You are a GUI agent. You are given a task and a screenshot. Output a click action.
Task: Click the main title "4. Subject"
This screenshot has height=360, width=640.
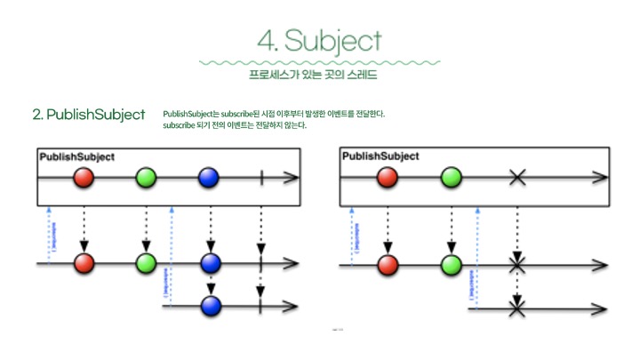319,40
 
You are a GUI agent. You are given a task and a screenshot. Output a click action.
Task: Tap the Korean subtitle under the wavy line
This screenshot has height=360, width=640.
319,75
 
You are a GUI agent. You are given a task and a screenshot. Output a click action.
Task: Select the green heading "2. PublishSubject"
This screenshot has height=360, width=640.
89,115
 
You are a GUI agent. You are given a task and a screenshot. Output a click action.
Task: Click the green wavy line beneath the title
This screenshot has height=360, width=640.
319,62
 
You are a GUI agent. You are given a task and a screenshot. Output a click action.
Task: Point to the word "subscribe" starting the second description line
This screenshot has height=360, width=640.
180,125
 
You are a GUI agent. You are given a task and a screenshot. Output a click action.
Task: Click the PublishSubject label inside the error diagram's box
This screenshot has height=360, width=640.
380,156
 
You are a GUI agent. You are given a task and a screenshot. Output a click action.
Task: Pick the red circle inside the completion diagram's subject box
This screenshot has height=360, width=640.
84,178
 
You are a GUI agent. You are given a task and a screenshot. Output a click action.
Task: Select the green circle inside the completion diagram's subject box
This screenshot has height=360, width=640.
146,178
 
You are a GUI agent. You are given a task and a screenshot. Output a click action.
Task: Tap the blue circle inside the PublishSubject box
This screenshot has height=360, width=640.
210,178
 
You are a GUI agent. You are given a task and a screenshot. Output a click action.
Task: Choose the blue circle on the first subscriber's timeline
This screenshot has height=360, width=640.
210,263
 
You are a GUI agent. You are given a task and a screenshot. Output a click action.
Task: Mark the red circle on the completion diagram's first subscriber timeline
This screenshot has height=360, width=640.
84,263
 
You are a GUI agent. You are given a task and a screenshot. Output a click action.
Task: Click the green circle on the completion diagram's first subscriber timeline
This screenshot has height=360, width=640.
146,263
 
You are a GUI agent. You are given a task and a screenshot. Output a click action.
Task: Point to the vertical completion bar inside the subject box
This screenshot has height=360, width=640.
261,178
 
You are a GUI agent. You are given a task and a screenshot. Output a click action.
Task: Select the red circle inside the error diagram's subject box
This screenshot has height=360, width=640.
388,178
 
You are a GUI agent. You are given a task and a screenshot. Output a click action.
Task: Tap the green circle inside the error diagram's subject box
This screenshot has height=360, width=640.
451,178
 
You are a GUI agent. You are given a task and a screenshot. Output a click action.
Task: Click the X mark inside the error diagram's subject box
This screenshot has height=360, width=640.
516,178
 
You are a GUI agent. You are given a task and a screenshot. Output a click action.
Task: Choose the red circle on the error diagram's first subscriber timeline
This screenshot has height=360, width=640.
388,264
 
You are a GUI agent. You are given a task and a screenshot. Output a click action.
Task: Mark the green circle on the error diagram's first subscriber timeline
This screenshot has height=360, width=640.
451,264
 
